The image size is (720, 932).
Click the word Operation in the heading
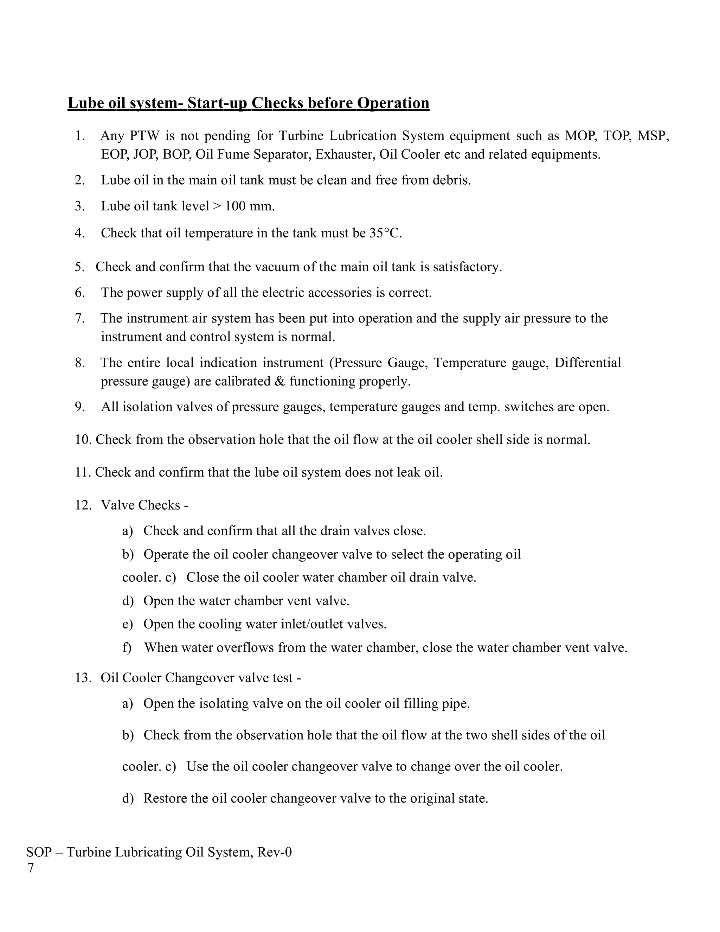(x=393, y=103)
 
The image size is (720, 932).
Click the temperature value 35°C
(x=385, y=233)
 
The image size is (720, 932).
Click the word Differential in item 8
(x=587, y=363)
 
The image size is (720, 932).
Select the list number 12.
(x=83, y=505)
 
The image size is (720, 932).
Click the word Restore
(x=165, y=798)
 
